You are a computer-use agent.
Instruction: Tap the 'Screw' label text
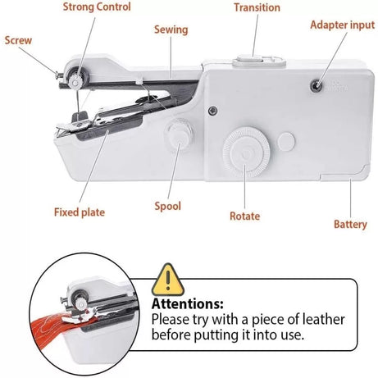pos(18,39)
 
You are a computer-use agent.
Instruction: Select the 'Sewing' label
pos(171,30)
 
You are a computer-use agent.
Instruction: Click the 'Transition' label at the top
pos(257,7)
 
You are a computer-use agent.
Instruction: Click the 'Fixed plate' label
pos(79,212)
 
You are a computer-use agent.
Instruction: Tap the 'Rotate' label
pos(244,216)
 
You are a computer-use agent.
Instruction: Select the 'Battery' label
pos(350,224)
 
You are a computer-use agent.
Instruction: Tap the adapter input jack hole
pos(315,85)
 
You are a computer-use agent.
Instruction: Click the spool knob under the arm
pos(175,134)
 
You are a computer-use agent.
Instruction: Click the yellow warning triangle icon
pos(169,280)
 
